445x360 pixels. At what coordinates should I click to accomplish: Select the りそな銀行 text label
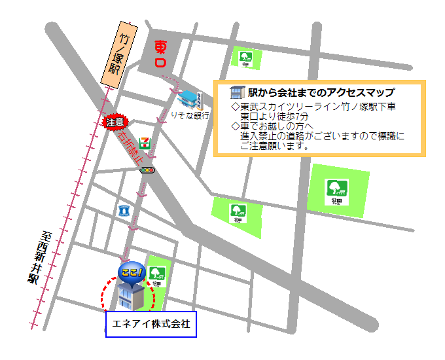[189, 115]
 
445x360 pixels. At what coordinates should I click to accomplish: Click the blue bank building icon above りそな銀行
[190, 99]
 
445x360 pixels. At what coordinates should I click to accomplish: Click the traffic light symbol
[149, 170]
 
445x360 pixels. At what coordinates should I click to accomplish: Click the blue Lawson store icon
[124, 211]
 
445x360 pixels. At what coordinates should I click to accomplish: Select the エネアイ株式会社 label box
[151, 323]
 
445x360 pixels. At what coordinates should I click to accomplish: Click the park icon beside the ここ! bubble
[157, 273]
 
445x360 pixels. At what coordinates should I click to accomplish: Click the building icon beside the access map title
[236, 93]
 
